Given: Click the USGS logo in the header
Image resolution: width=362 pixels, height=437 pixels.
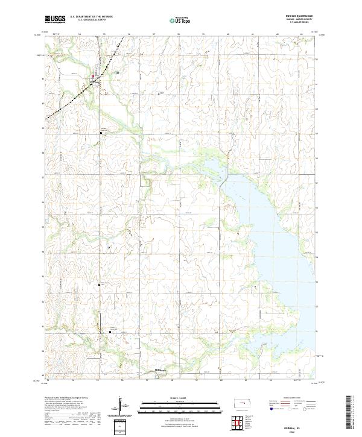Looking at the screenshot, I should [55, 19].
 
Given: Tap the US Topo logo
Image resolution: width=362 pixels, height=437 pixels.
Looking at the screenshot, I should [180, 19].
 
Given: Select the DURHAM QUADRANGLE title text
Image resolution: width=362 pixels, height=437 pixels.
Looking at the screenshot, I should [303, 17].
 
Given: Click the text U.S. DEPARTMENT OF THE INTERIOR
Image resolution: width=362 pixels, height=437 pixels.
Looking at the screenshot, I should [92, 17].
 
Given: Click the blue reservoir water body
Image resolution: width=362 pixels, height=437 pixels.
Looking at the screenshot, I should [265, 223].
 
